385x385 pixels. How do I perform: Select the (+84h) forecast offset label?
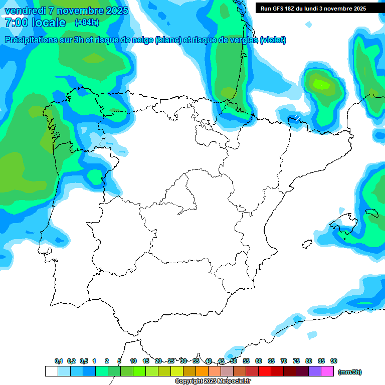click(x=87, y=23)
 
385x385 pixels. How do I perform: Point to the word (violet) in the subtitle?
click(x=273, y=40)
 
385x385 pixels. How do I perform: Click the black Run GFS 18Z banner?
click(x=320, y=9)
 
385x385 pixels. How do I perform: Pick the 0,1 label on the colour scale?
click(x=59, y=361)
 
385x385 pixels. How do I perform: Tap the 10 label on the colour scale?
click(x=133, y=361)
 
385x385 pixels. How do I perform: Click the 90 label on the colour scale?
click(x=334, y=361)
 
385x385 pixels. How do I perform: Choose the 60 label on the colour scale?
click(x=259, y=361)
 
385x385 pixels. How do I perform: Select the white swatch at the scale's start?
click(x=51, y=371)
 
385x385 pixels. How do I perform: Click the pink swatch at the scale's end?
click(x=328, y=371)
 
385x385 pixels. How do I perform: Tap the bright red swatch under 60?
click(x=265, y=371)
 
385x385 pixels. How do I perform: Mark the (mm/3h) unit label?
click(x=350, y=372)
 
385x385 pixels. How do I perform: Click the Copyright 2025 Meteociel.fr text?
click(x=213, y=381)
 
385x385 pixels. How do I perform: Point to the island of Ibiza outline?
click(x=306, y=244)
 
